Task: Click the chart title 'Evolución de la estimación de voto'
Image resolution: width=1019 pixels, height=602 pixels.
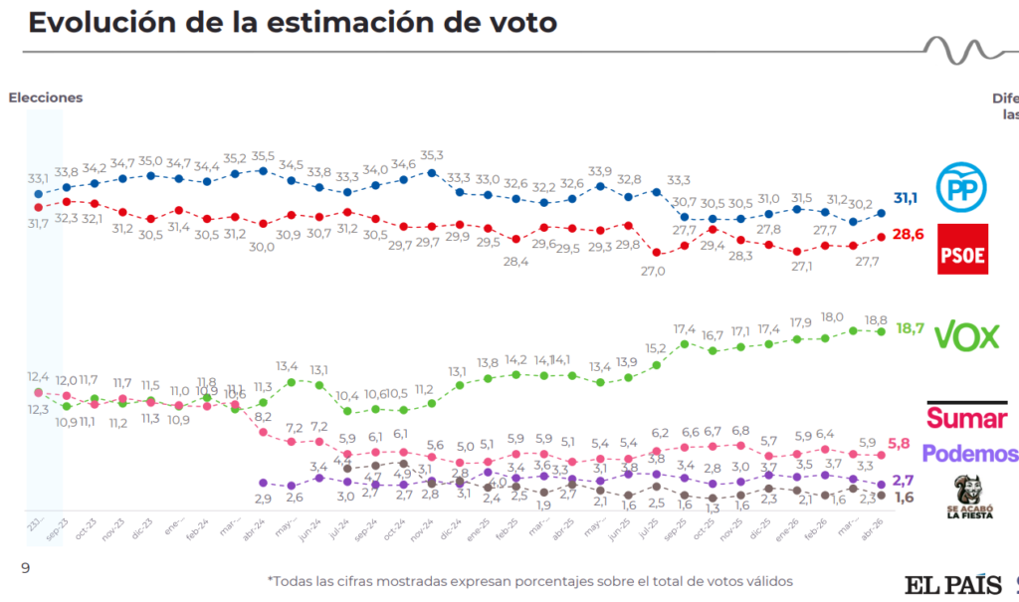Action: [x=293, y=23]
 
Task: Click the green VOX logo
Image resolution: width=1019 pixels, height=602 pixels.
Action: [x=966, y=336]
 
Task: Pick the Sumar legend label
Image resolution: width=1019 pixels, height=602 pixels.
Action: [x=966, y=416]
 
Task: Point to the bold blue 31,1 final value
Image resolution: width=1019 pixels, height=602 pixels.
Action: [x=906, y=199]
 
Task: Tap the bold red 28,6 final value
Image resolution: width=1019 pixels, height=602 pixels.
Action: [x=906, y=235]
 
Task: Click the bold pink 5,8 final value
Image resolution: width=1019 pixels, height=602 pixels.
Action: [x=900, y=443]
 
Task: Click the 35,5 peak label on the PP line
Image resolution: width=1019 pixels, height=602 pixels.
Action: [x=264, y=156]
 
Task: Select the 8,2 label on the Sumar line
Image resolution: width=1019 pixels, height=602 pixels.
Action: [x=264, y=417]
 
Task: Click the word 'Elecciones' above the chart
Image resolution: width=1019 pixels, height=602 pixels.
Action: [x=46, y=98]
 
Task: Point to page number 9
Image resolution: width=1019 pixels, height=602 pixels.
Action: [x=26, y=567]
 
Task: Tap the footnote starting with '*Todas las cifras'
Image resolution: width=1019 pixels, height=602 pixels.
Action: [x=529, y=581]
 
